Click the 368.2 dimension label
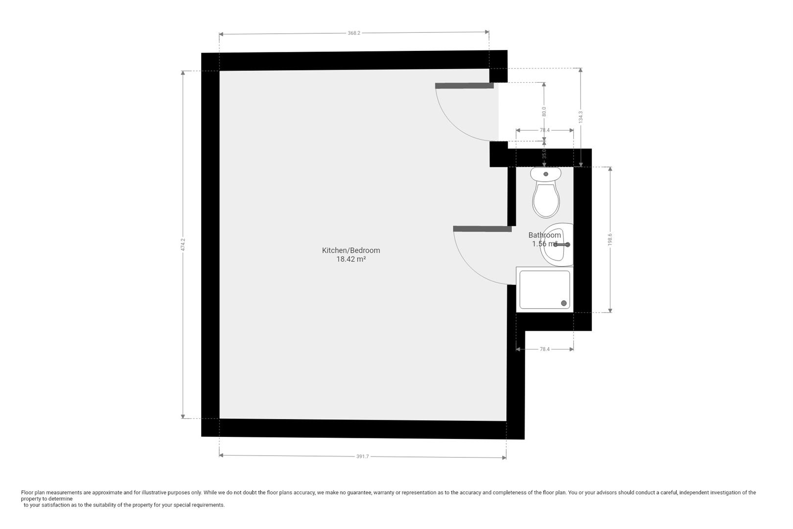click(354, 33)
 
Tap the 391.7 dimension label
click(362, 457)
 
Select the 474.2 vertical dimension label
click(183, 245)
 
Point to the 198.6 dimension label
click(610, 239)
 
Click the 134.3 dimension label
click(581, 117)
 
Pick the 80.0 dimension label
click(544, 112)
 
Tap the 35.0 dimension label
click(544, 154)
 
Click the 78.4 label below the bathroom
click(544, 349)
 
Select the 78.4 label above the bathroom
click(544, 130)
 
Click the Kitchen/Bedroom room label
click(350, 250)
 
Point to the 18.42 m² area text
click(350, 259)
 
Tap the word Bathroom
click(544, 235)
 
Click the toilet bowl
click(546, 200)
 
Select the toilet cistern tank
click(546, 173)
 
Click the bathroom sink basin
click(557, 245)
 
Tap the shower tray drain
click(564, 304)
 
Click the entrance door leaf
click(464, 86)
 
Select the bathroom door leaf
click(482, 229)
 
